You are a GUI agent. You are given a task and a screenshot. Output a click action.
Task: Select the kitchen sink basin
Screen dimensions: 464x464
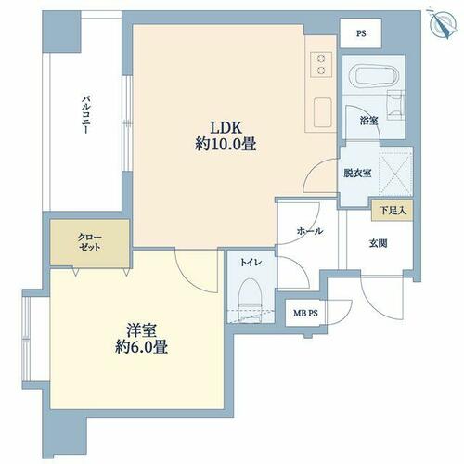click(322, 112)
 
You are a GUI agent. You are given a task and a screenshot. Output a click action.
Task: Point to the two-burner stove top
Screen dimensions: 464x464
click(321, 64)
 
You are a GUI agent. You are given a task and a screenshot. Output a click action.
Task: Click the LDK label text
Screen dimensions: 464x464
click(226, 128)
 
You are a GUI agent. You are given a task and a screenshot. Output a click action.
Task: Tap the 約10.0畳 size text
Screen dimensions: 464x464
click(226, 144)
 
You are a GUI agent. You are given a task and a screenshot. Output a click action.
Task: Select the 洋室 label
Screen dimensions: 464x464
click(141, 330)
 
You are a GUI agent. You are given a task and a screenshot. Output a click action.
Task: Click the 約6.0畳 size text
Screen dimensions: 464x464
click(141, 347)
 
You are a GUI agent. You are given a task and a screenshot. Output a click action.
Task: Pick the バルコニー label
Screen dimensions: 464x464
click(85, 115)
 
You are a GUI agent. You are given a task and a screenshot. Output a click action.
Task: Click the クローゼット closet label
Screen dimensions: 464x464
click(89, 242)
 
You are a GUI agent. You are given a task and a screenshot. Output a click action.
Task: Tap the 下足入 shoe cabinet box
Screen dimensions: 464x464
click(393, 211)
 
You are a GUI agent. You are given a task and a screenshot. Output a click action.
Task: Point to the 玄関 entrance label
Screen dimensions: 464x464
click(378, 243)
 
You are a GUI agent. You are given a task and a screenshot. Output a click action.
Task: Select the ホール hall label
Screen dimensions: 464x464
click(310, 231)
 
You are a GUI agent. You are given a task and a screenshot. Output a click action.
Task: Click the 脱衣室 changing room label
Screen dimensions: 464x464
click(357, 174)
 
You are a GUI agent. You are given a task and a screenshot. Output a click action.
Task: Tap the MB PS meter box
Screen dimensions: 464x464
click(305, 313)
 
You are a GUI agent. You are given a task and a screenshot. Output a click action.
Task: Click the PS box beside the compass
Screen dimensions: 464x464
click(361, 33)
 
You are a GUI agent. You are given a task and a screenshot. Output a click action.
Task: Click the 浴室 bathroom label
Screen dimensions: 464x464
click(368, 121)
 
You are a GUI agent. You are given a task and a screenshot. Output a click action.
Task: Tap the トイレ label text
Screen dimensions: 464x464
click(251, 263)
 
